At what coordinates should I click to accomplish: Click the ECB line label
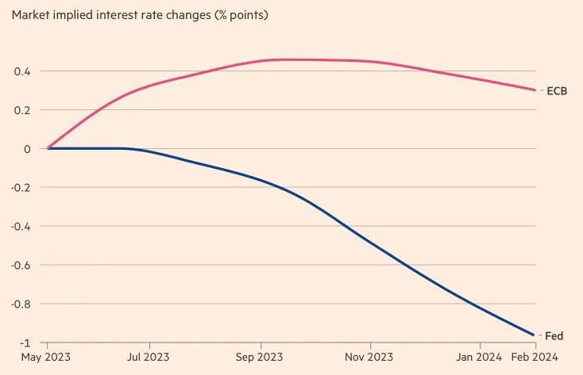[557, 91]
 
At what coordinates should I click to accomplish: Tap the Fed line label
[554, 336]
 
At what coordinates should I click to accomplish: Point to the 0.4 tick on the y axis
[22, 71]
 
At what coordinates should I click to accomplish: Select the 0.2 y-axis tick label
[22, 110]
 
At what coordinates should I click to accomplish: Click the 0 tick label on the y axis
[27, 149]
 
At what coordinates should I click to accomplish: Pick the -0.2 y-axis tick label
[21, 188]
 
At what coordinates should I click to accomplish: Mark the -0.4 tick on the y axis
[21, 227]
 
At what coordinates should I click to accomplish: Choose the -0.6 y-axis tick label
[21, 266]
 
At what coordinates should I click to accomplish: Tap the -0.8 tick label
[21, 304]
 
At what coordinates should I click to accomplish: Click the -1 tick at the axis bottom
[25, 342]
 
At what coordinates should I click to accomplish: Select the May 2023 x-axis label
[47, 358]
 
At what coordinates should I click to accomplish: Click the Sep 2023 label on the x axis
[260, 358]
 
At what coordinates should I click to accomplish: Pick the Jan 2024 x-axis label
[480, 358]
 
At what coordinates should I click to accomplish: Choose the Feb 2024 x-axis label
[535, 358]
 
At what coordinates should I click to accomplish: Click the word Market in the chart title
[31, 15]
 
